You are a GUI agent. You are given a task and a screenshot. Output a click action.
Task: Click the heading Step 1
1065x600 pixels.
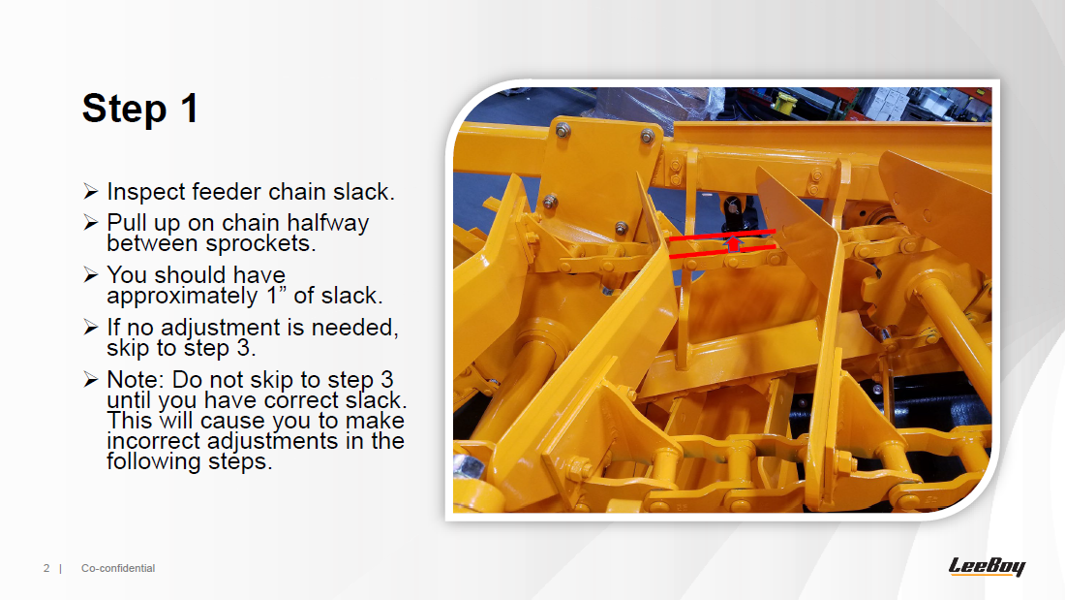click(140, 109)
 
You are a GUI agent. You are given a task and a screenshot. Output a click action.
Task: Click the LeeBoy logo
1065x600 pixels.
click(987, 566)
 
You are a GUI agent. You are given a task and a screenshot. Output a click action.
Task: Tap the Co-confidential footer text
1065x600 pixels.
click(118, 568)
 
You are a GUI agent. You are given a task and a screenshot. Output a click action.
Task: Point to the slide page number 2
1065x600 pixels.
click(46, 568)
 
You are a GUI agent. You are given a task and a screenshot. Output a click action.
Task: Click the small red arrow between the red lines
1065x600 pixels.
click(732, 243)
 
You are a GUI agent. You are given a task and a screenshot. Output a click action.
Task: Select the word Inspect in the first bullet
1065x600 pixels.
click(146, 192)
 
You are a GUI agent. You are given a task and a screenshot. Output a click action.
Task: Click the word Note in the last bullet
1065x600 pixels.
click(135, 379)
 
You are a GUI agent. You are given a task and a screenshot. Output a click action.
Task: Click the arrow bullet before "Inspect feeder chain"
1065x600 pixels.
click(91, 191)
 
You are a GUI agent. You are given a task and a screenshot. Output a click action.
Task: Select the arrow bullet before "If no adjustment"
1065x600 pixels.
click(91, 328)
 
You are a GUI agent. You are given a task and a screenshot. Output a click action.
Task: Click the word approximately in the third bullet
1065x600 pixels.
click(182, 297)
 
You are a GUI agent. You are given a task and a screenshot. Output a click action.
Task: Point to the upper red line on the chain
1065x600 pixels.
click(722, 236)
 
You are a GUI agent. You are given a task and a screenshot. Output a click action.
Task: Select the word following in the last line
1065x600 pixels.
click(154, 462)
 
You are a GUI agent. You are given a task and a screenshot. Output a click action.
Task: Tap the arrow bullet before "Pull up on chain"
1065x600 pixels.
click(91, 222)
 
